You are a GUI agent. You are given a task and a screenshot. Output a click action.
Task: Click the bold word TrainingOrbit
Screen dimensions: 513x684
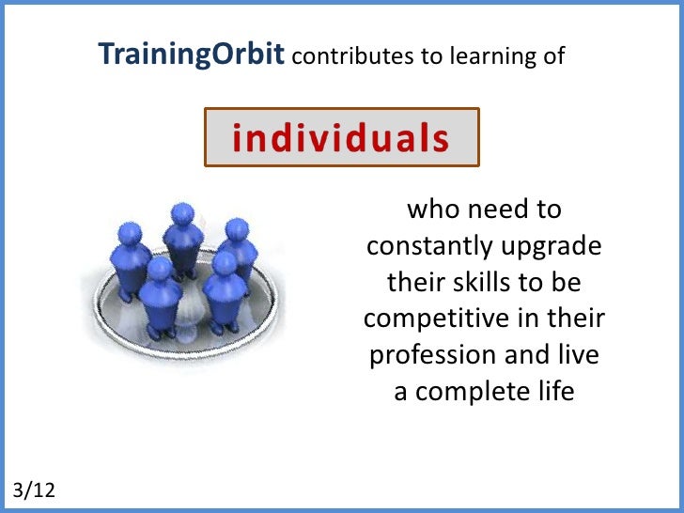[193, 55]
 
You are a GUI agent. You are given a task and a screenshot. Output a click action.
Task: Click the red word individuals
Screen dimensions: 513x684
[341, 138]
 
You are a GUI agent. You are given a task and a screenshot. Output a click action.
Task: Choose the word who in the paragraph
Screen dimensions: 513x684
[427, 210]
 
